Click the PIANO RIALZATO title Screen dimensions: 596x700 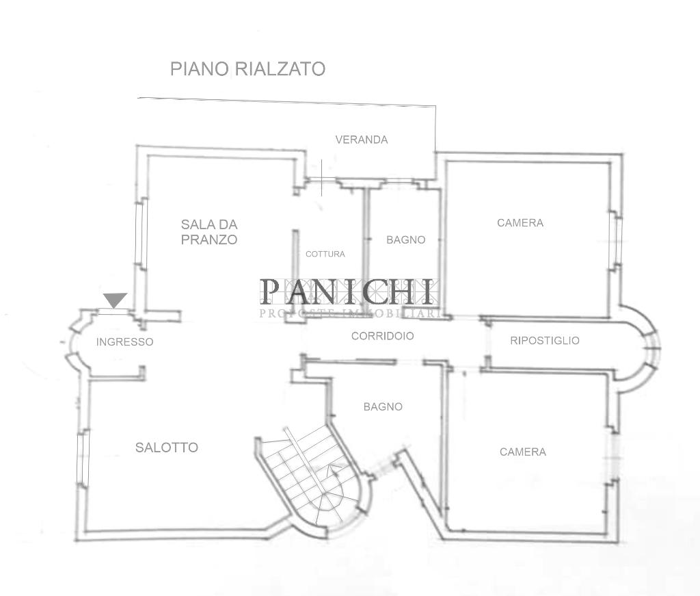[247, 69]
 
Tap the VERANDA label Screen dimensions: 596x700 [361, 140]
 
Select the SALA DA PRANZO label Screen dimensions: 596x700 [209, 232]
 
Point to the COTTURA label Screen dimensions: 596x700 [325, 254]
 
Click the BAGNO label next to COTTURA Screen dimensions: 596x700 [405, 239]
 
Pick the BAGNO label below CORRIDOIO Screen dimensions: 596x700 [383, 406]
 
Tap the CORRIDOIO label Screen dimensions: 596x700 [382, 336]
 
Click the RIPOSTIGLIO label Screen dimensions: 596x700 [545, 340]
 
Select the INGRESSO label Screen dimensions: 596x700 [124, 341]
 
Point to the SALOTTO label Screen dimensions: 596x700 [167, 448]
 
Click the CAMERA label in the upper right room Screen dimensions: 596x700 [520, 222]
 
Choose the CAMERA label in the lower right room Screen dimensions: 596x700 [523, 452]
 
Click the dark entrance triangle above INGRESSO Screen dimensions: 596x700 [116, 300]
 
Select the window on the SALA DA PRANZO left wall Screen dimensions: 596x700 [139, 233]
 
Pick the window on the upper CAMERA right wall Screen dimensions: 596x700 [615, 239]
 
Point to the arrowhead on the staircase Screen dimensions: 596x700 [336, 468]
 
